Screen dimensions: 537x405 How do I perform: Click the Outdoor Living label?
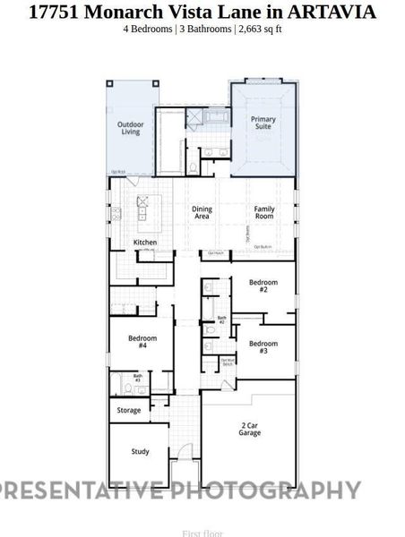[132, 128]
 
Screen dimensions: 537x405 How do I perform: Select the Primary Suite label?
[263, 124]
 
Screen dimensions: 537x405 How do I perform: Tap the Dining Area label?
[202, 212]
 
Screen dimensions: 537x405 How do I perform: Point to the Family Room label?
[263, 212]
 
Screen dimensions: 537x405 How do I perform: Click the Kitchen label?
[145, 243]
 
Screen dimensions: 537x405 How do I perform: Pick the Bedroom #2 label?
[263, 286]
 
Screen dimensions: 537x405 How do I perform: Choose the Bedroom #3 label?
[263, 347]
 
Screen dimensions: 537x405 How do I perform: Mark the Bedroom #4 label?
[142, 341]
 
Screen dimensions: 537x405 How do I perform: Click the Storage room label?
[129, 410]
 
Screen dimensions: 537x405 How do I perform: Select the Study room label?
[140, 452]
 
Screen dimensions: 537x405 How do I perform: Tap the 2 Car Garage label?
[249, 429]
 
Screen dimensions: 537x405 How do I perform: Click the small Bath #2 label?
[222, 320]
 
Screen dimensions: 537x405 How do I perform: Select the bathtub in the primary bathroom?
[217, 116]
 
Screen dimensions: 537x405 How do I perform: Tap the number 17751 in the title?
[55, 13]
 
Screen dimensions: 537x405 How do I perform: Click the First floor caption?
[202, 533]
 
